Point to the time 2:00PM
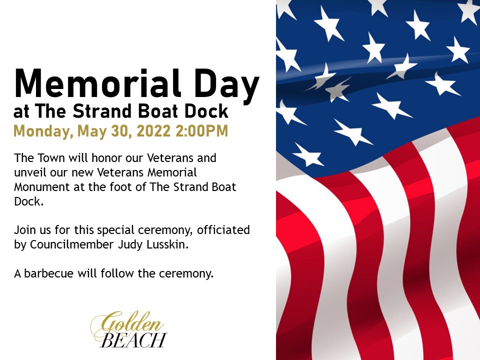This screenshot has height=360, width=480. click(x=202, y=131)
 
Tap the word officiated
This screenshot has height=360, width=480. click(x=223, y=229)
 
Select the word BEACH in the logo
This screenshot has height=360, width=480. click(x=133, y=340)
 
